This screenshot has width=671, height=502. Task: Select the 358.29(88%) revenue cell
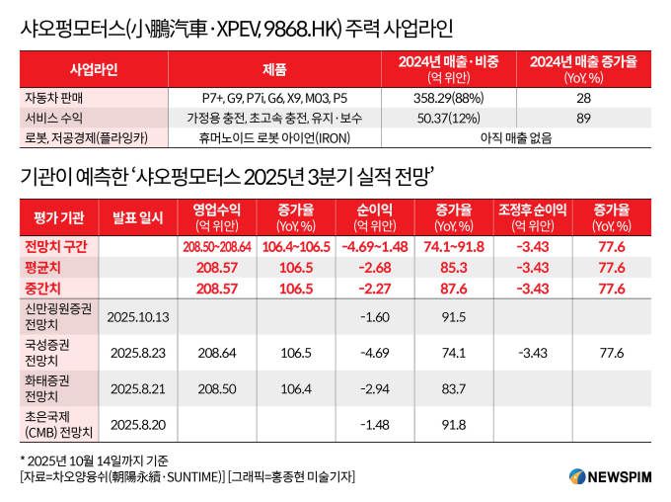(447, 99)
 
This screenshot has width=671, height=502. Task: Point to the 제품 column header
(274, 69)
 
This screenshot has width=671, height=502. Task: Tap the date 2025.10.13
(139, 316)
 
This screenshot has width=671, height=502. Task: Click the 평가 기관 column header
(59, 216)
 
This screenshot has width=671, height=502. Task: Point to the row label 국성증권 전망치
(54, 351)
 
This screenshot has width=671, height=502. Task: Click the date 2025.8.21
(139, 388)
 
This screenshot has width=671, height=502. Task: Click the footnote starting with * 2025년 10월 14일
(94, 460)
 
